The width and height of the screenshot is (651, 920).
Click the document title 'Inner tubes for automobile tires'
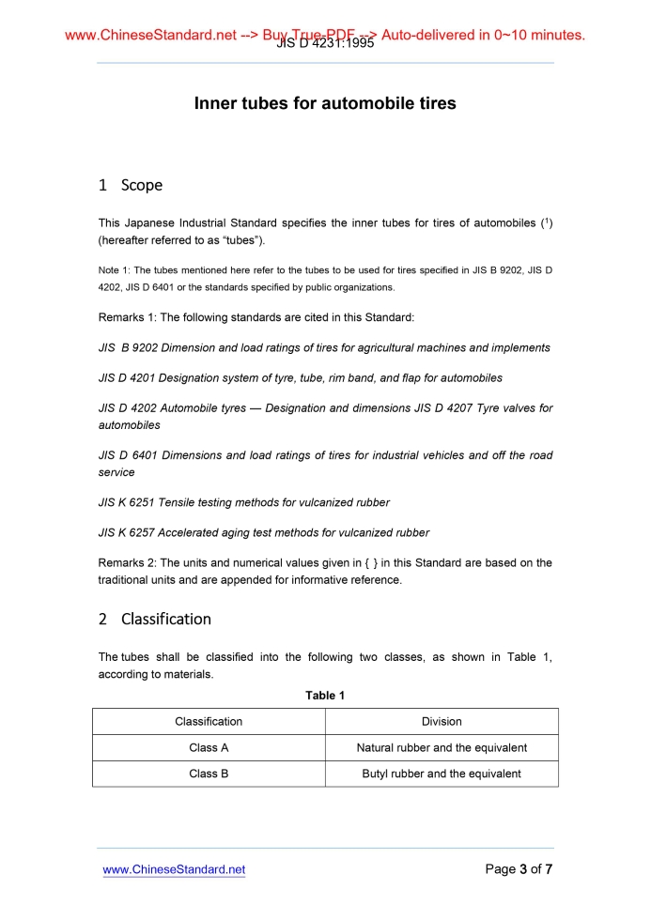pos(325,103)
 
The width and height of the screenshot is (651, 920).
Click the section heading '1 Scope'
pos(131,185)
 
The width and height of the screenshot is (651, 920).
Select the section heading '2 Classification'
pos(155,619)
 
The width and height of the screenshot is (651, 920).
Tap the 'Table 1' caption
pos(325,696)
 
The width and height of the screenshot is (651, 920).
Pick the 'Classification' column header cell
pos(209,721)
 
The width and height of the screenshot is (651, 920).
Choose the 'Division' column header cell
pos(442,721)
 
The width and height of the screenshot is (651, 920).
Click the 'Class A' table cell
pos(209,747)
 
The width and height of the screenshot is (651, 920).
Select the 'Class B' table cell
pos(209,774)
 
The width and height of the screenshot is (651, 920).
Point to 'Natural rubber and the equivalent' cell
pos(442,747)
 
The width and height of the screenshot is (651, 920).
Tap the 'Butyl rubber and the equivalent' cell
pos(442,774)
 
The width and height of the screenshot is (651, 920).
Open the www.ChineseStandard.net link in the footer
pos(174,869)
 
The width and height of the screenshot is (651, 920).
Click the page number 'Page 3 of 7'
pos(519,869)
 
